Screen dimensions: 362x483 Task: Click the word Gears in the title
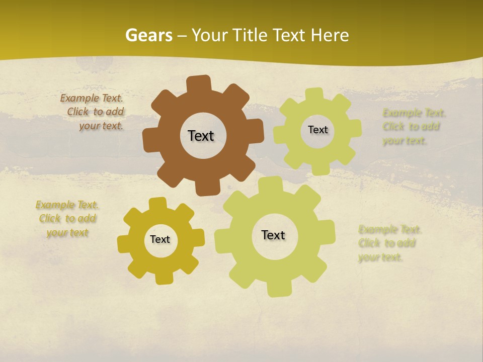(149, 35)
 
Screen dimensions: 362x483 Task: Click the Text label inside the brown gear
(201, 136)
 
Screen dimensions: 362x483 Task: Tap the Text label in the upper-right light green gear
(317, 130)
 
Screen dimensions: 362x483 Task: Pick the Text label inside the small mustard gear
(160, 239)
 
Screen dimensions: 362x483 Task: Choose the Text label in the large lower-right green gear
(273, 235)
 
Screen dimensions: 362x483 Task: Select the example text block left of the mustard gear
(67, 219)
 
